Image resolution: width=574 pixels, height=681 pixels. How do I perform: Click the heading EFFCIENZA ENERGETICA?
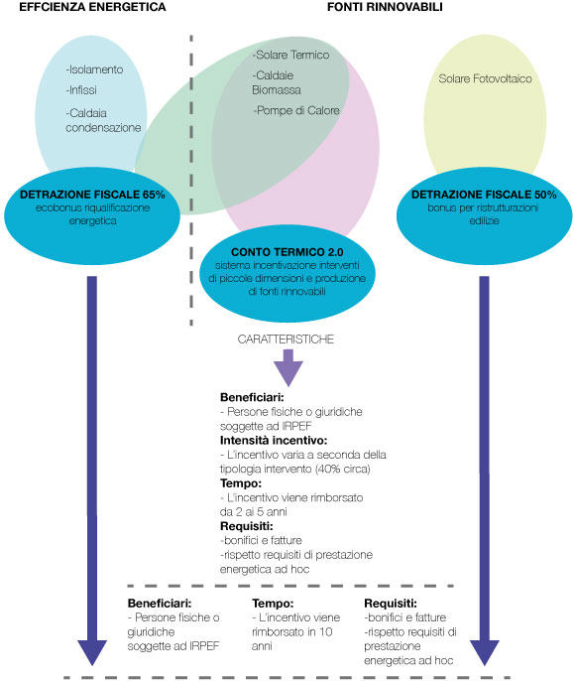coord(92,7)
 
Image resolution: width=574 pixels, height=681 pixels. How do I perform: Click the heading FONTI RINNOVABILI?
coord(385,7)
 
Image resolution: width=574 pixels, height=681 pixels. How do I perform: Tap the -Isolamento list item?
coord(94,69)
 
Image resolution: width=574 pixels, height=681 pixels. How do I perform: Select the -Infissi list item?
coord(81,90)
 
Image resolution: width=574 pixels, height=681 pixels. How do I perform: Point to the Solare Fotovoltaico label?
coord(485,78)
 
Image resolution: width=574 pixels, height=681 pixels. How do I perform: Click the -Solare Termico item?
coord(290,55)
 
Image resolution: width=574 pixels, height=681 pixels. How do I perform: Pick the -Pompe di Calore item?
coord(295,111)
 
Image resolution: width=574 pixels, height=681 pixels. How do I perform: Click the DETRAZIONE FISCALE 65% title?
coord(92,195)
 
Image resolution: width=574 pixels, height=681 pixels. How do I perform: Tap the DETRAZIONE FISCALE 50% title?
coord(484,195)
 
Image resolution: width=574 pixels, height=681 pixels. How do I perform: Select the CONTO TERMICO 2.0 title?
coord(287,252)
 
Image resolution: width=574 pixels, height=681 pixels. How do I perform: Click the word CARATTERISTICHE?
coord(286,340)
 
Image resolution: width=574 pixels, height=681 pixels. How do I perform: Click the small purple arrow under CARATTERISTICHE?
coord(288,368)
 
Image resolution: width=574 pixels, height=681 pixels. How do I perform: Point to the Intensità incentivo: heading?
coord(274,441)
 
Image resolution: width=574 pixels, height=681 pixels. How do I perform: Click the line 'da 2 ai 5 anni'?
coord(254,511)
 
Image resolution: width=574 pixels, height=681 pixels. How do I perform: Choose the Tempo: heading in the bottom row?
coord(273,604)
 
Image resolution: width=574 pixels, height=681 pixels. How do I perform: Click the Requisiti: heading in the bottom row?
coord(391,604)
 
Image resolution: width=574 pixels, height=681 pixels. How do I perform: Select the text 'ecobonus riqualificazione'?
coord(92,208)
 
